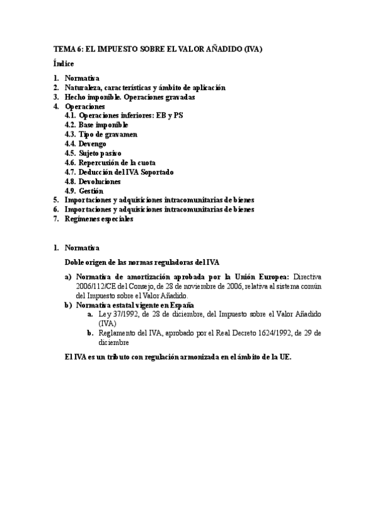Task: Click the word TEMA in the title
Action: click(63, 48)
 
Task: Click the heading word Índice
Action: click(64, 63)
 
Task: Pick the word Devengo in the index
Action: click(93, 143)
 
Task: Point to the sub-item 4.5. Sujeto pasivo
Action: click(93, 153)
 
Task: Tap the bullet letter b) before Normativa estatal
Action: click(68, 304)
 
